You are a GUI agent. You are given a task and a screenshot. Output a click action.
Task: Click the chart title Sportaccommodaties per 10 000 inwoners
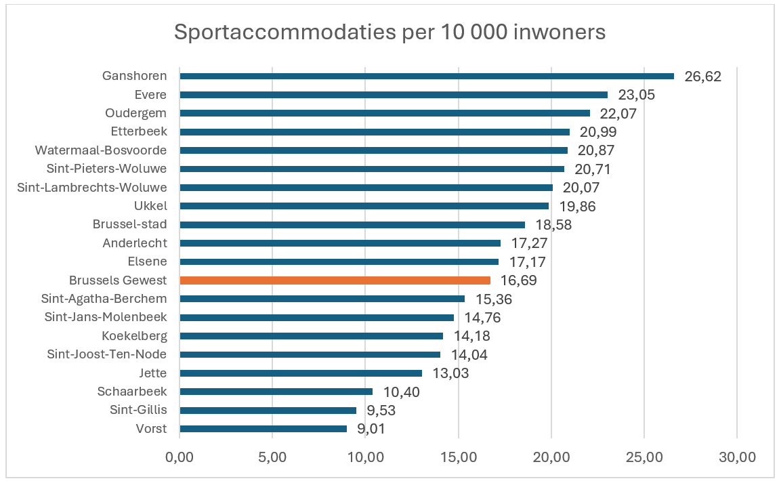point(389,33)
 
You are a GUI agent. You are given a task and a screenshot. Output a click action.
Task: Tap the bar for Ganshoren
point(427,76)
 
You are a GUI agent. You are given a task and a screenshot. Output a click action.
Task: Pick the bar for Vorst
point(264,428)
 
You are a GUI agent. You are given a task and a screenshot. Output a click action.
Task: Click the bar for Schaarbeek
point(276,391)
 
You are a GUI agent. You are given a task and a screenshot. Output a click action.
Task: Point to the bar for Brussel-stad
point(352,224)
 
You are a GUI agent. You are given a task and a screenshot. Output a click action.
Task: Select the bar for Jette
point(301,373)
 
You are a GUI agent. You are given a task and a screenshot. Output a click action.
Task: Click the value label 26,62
point(703,76)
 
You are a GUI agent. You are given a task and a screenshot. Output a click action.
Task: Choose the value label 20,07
point(581,188)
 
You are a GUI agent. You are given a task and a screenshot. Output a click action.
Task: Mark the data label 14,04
point(469,354)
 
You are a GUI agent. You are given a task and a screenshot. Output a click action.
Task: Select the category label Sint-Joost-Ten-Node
point(107,354)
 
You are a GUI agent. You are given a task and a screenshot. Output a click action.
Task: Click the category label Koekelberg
point(134,335)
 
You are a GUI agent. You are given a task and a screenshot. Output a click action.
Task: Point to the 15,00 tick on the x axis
point(459,457)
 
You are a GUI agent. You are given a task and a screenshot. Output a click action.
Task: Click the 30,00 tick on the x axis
point(737,457)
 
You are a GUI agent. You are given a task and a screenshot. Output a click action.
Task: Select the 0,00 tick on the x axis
point(180,457)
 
